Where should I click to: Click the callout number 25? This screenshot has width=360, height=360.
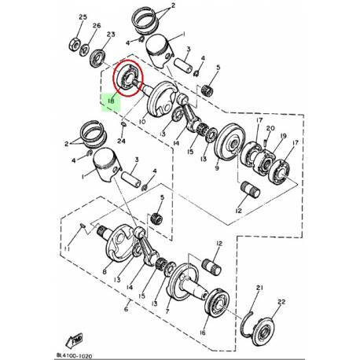pos(83,17)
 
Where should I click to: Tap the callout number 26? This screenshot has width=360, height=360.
pos(97,26)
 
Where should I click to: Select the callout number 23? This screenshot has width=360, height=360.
pos(112,35)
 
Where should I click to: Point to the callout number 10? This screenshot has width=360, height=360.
pos(141,123)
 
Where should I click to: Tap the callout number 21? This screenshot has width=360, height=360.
pos(260,288)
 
